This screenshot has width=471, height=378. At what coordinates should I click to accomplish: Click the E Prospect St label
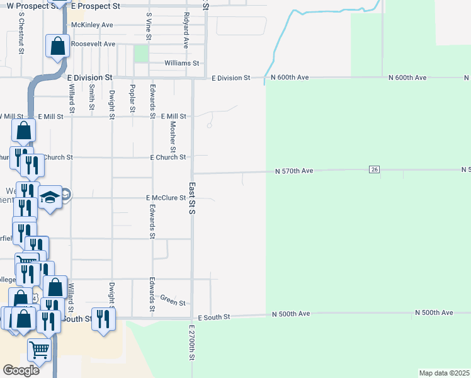[x=95, y=5]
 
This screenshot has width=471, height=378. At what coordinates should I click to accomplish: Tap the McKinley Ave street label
[x=92, y=25]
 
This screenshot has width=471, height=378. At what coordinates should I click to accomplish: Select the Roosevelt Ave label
[x=93, y=44]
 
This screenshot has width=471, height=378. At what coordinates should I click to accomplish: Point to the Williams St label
[x=181, y=64]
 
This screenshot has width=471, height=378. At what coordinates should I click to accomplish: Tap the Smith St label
[x=92, y=96]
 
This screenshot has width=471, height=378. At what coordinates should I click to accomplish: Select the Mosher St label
[x=173, y=137]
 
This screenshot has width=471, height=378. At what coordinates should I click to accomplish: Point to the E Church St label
[x=167, y=157]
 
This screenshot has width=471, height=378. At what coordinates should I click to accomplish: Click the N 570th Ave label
[x=295, y=171]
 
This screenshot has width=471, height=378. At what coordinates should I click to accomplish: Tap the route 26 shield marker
[x=375, y=170]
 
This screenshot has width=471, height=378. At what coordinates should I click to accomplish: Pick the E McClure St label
[x=166, y=198]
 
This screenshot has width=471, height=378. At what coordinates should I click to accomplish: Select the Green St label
[x=173, y=299]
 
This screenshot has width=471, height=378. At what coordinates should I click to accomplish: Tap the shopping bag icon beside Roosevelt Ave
[x=57, y=46]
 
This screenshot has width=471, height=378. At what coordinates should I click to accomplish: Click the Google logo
[x=21, y=370]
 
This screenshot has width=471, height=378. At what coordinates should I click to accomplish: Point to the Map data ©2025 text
[x=444, y=373]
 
